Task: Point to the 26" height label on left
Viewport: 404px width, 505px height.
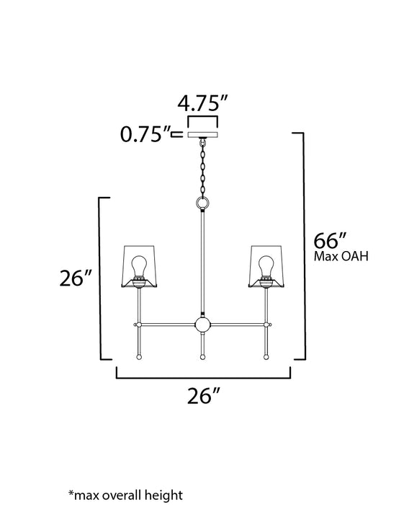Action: coord(75,277)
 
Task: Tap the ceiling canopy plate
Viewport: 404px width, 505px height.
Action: coord(202,134)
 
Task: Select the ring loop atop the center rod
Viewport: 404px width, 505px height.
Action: coord(202,204)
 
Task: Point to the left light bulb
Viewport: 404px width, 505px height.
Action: coord(140,265)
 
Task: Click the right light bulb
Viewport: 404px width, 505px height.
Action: coord(265,265)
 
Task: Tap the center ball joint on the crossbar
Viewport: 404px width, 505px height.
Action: coord(202,325)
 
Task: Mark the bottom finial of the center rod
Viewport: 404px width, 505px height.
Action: coord(202,356)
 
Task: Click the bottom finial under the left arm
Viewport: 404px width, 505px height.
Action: coord(140,355)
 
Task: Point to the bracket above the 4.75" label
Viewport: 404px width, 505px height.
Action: coord(202,117)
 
